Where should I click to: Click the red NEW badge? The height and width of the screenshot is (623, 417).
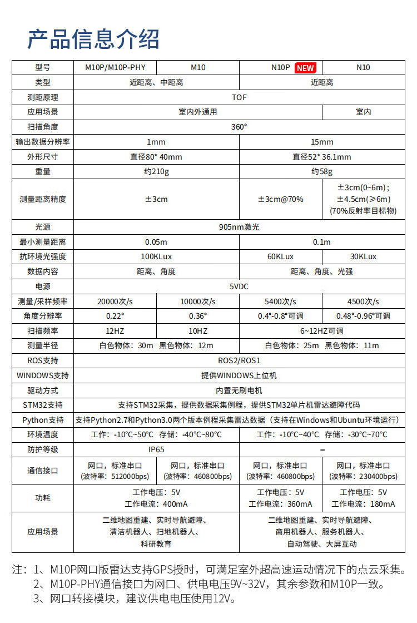pyautogui.click(x=305, y=68)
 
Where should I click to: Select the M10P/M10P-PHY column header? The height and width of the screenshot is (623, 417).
pyautogui.click(x=115, y=67)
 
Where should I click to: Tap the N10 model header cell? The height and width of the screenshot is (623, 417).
pyautogui.click(x=363, y=67)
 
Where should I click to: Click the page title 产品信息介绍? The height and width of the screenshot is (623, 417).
pyautogui.click(x=93, y=39)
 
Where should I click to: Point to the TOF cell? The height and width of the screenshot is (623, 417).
pyautogui.click(x=239, y=97)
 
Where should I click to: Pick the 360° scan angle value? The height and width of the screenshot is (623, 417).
pyautogui.click(x=239, y=127)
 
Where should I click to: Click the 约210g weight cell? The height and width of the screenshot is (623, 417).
pyautogui.click(x=156, y=171)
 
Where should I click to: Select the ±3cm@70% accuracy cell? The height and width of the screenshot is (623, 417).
pyautogui.click(x=281, y=199)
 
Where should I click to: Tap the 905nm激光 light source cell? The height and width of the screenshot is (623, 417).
pyautogui.click(x=239, y=227)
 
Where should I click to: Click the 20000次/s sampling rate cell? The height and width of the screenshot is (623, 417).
pyautogui.click(x=115, y=301)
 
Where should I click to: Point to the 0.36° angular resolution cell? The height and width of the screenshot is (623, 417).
pyautogui.click(x=198, y=316)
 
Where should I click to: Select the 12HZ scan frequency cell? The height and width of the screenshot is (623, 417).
pyautogui.click(x=115, y=331)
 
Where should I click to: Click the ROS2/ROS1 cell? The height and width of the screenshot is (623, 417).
pyautogui.click(x=239, y=360)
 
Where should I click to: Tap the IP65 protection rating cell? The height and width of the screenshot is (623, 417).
pyautogui.click(x=156, y=449)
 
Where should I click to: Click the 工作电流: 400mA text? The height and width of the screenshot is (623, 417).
pyautogui.click(x=156, y=504)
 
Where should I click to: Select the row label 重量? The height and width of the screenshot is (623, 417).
pyautogui.click(x=43, y=171)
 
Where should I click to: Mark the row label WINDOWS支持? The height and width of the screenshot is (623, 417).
pyautogui.click(x=43, y=375)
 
